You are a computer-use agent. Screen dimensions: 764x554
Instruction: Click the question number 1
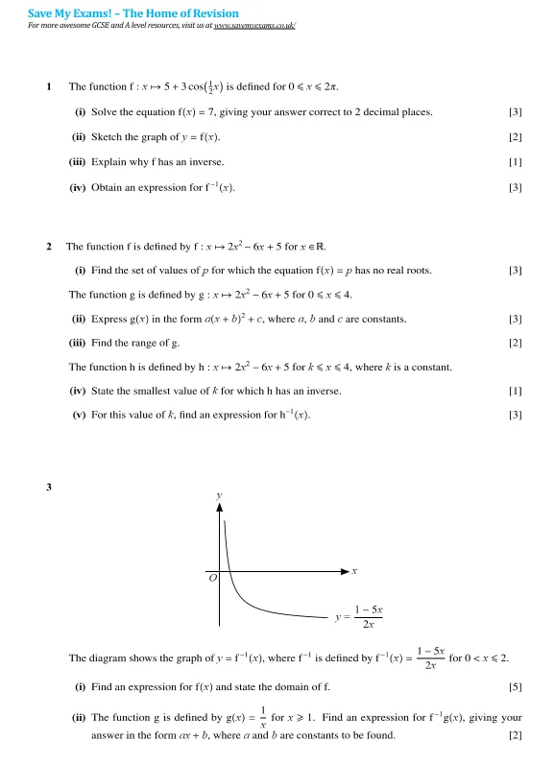click(49, 86)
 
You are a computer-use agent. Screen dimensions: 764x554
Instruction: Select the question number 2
click(49, 246)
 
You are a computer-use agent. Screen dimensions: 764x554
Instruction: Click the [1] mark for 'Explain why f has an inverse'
click(516, 162)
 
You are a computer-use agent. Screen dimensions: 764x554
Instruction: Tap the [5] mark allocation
click(516, 687)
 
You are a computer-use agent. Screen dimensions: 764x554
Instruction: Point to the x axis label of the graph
click(354, 571)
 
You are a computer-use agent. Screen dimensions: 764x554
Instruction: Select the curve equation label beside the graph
click(360, 617)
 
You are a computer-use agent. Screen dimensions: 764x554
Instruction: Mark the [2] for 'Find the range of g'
click(516, 343)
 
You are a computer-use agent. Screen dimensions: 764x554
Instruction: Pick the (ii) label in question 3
click(79, 717)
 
